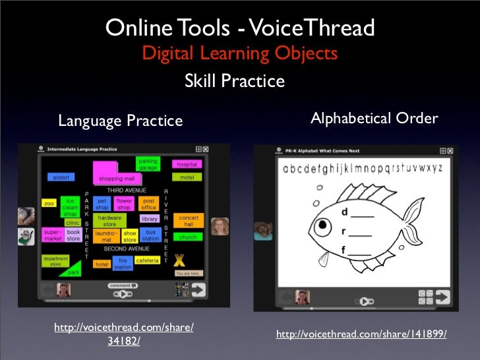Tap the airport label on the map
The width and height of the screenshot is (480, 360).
(60, 177)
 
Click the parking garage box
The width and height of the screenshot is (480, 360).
(148, 164)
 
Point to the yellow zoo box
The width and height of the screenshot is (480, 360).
(48, 204)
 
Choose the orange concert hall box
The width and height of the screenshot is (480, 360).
(189, 221)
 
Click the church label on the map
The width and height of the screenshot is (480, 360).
(188, 237)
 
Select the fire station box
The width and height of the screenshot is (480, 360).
(123, 264)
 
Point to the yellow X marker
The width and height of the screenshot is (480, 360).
(180, 261)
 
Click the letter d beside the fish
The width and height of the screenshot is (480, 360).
(345, 212)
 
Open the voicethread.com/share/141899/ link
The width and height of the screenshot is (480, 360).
(361, 335)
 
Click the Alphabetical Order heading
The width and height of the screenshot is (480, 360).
(374, 119)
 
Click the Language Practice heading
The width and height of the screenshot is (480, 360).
(120, 121)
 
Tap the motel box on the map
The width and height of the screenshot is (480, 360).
(187, 177)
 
